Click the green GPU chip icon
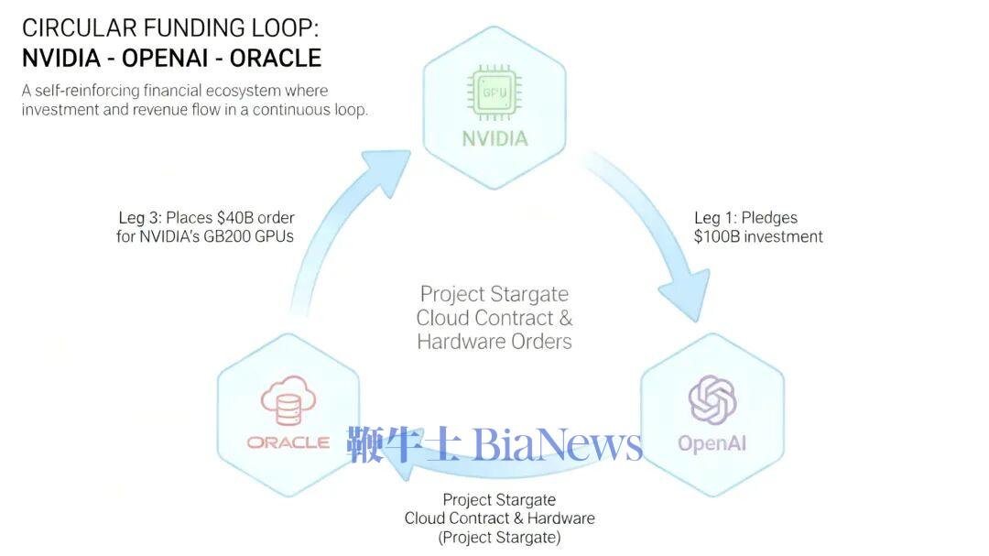point(494,93)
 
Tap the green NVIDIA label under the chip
point(494,138)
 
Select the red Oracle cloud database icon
point(288,401)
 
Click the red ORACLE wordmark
point(288,442)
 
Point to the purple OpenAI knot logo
point(712,400)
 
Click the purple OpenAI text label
point(712,443)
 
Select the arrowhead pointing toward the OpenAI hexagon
point(686,294)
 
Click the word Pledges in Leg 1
point(769,218)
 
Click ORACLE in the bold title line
point(276,58)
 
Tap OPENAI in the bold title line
point(165,58)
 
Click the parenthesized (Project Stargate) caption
point(500,538)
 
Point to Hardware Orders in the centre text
point(494,342)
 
